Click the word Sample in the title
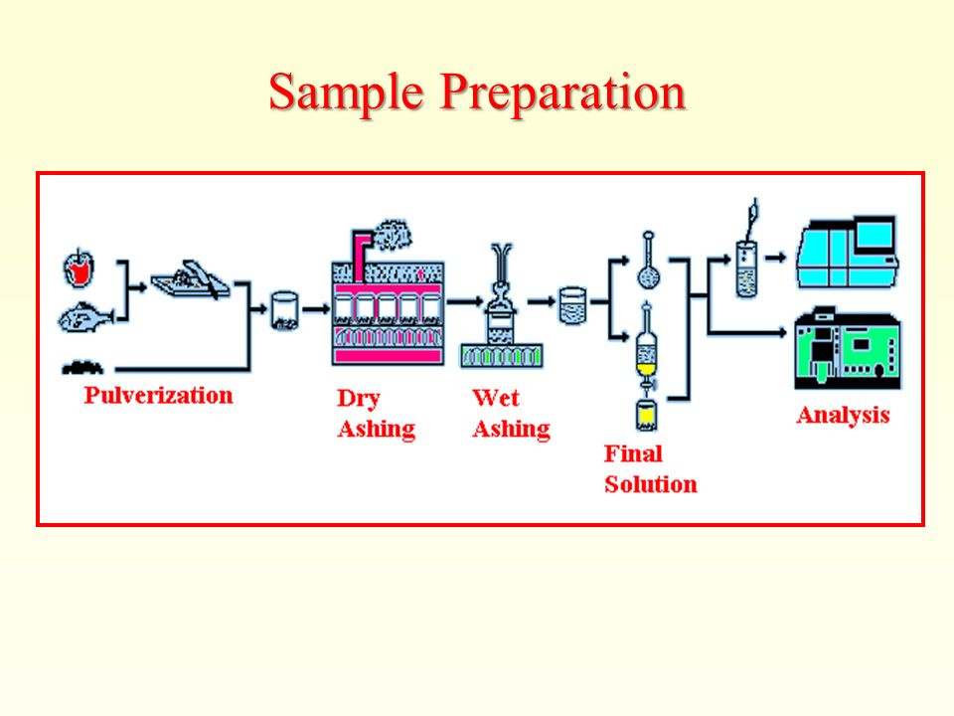click(346, 93)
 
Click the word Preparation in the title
click(562, 93)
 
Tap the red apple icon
click(79, 268)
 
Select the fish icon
click(85, 317)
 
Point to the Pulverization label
click(158, 395)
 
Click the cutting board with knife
click(191, 279)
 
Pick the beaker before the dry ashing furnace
click(284, 310)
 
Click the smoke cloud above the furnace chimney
click(392, 234)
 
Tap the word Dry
click(359, 399)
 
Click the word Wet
click(495, 398)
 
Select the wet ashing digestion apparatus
click(501, 305)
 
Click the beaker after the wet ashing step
click(572, 305)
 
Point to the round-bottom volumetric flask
click(649, 261)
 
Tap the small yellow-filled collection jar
click(646, 415)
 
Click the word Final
click(633, 453)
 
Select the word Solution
click(650, 484)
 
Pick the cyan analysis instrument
click(848, 252)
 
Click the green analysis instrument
click(848, 349)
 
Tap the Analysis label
click(844, 416)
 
